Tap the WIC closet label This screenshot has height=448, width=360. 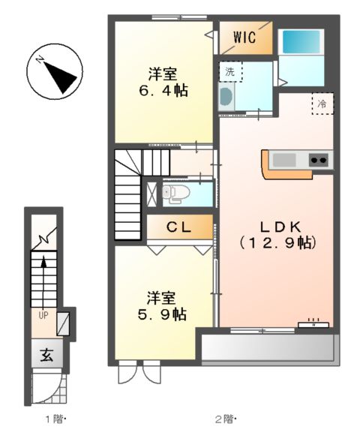(x=245, y=38)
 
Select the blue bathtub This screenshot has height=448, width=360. (x=301, y=42)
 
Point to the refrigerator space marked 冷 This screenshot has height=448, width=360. (x=322, y=104)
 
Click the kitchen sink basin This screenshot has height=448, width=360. (x=286, y=159)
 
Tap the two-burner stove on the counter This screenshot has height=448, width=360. (x=318, y=159)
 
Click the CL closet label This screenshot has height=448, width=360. (x=178, y=226)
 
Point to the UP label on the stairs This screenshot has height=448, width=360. (x=43, y=316)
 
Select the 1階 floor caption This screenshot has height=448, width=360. (x=55, y=419)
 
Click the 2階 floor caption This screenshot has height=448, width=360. (x=224, y=419)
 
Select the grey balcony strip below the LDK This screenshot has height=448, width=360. (x=267, y=347)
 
